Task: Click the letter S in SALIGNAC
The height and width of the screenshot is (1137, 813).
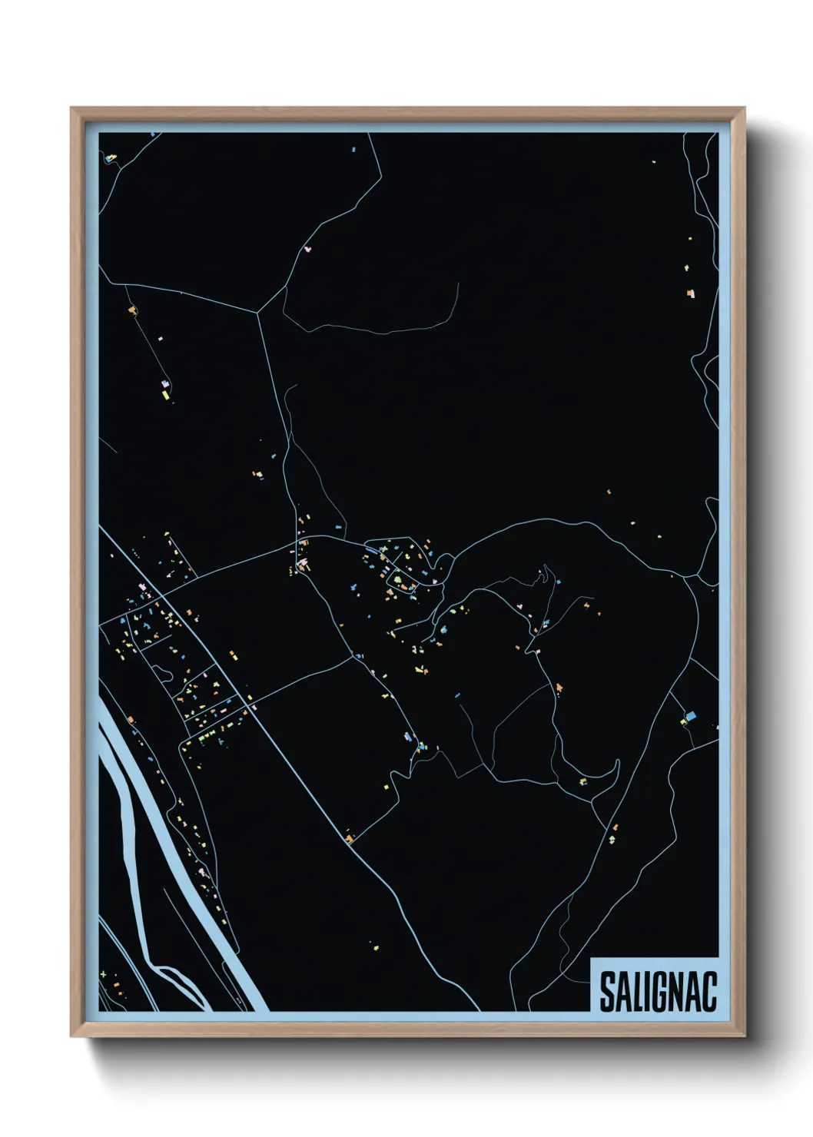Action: pos(608,992)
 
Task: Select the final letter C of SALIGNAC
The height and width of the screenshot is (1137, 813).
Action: pos(708,992)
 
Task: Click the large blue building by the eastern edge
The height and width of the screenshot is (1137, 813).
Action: pos(690,716)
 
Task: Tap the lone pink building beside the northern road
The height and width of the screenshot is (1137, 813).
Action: pos(308,249)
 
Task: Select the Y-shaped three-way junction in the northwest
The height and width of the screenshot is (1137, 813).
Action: pos(258,312)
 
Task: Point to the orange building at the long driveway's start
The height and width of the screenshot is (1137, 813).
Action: pos(132,310)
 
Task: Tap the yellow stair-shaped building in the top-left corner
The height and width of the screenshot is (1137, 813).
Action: pos(112,157)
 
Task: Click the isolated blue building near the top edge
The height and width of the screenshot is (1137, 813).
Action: pos(353,150)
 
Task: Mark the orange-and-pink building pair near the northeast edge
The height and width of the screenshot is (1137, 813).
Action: pos(691,293)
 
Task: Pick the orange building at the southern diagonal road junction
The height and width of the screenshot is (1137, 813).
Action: pos(350,838)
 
